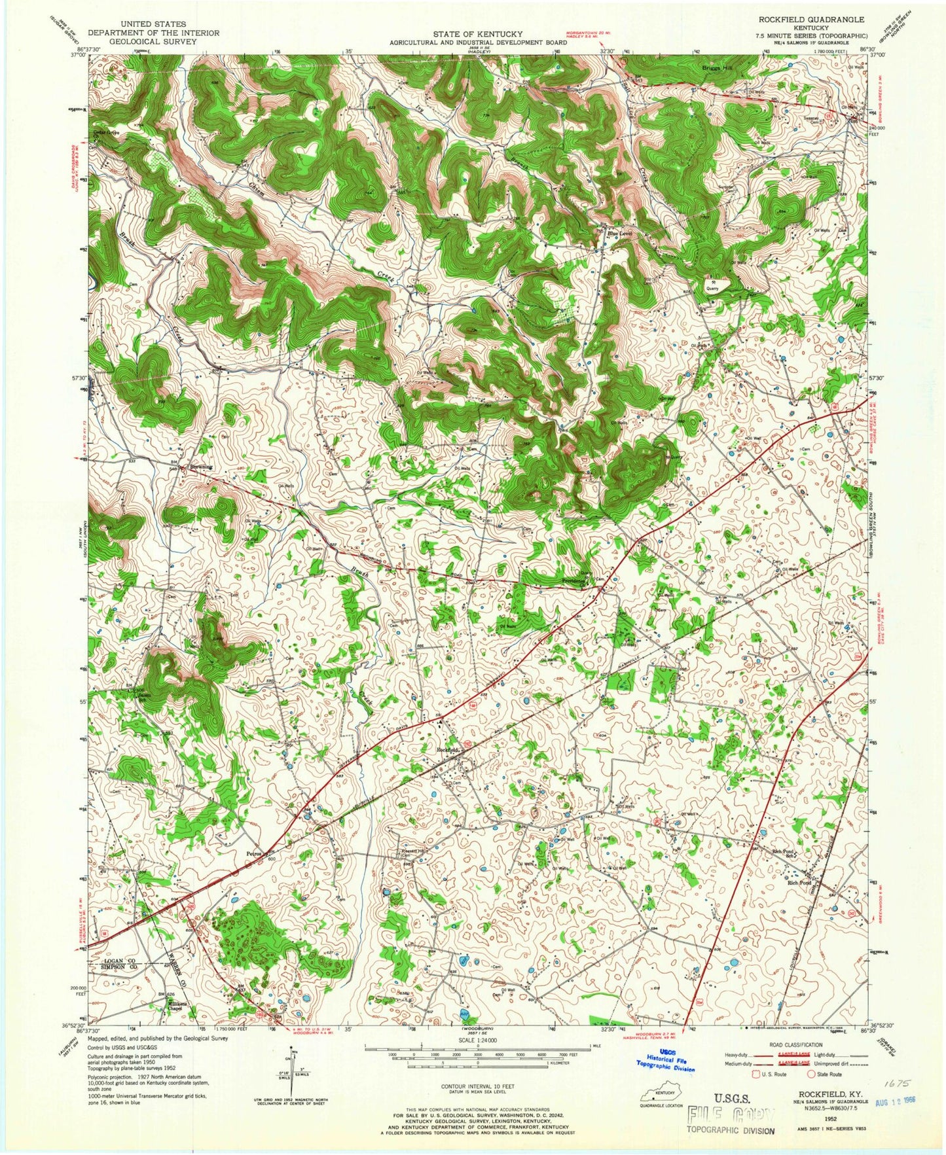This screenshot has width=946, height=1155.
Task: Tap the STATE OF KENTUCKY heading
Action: click(x=472, y=34)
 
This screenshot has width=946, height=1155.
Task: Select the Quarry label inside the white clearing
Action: click(x=712, y=286)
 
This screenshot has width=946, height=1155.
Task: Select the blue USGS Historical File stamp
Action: click(x=665, y=1076)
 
